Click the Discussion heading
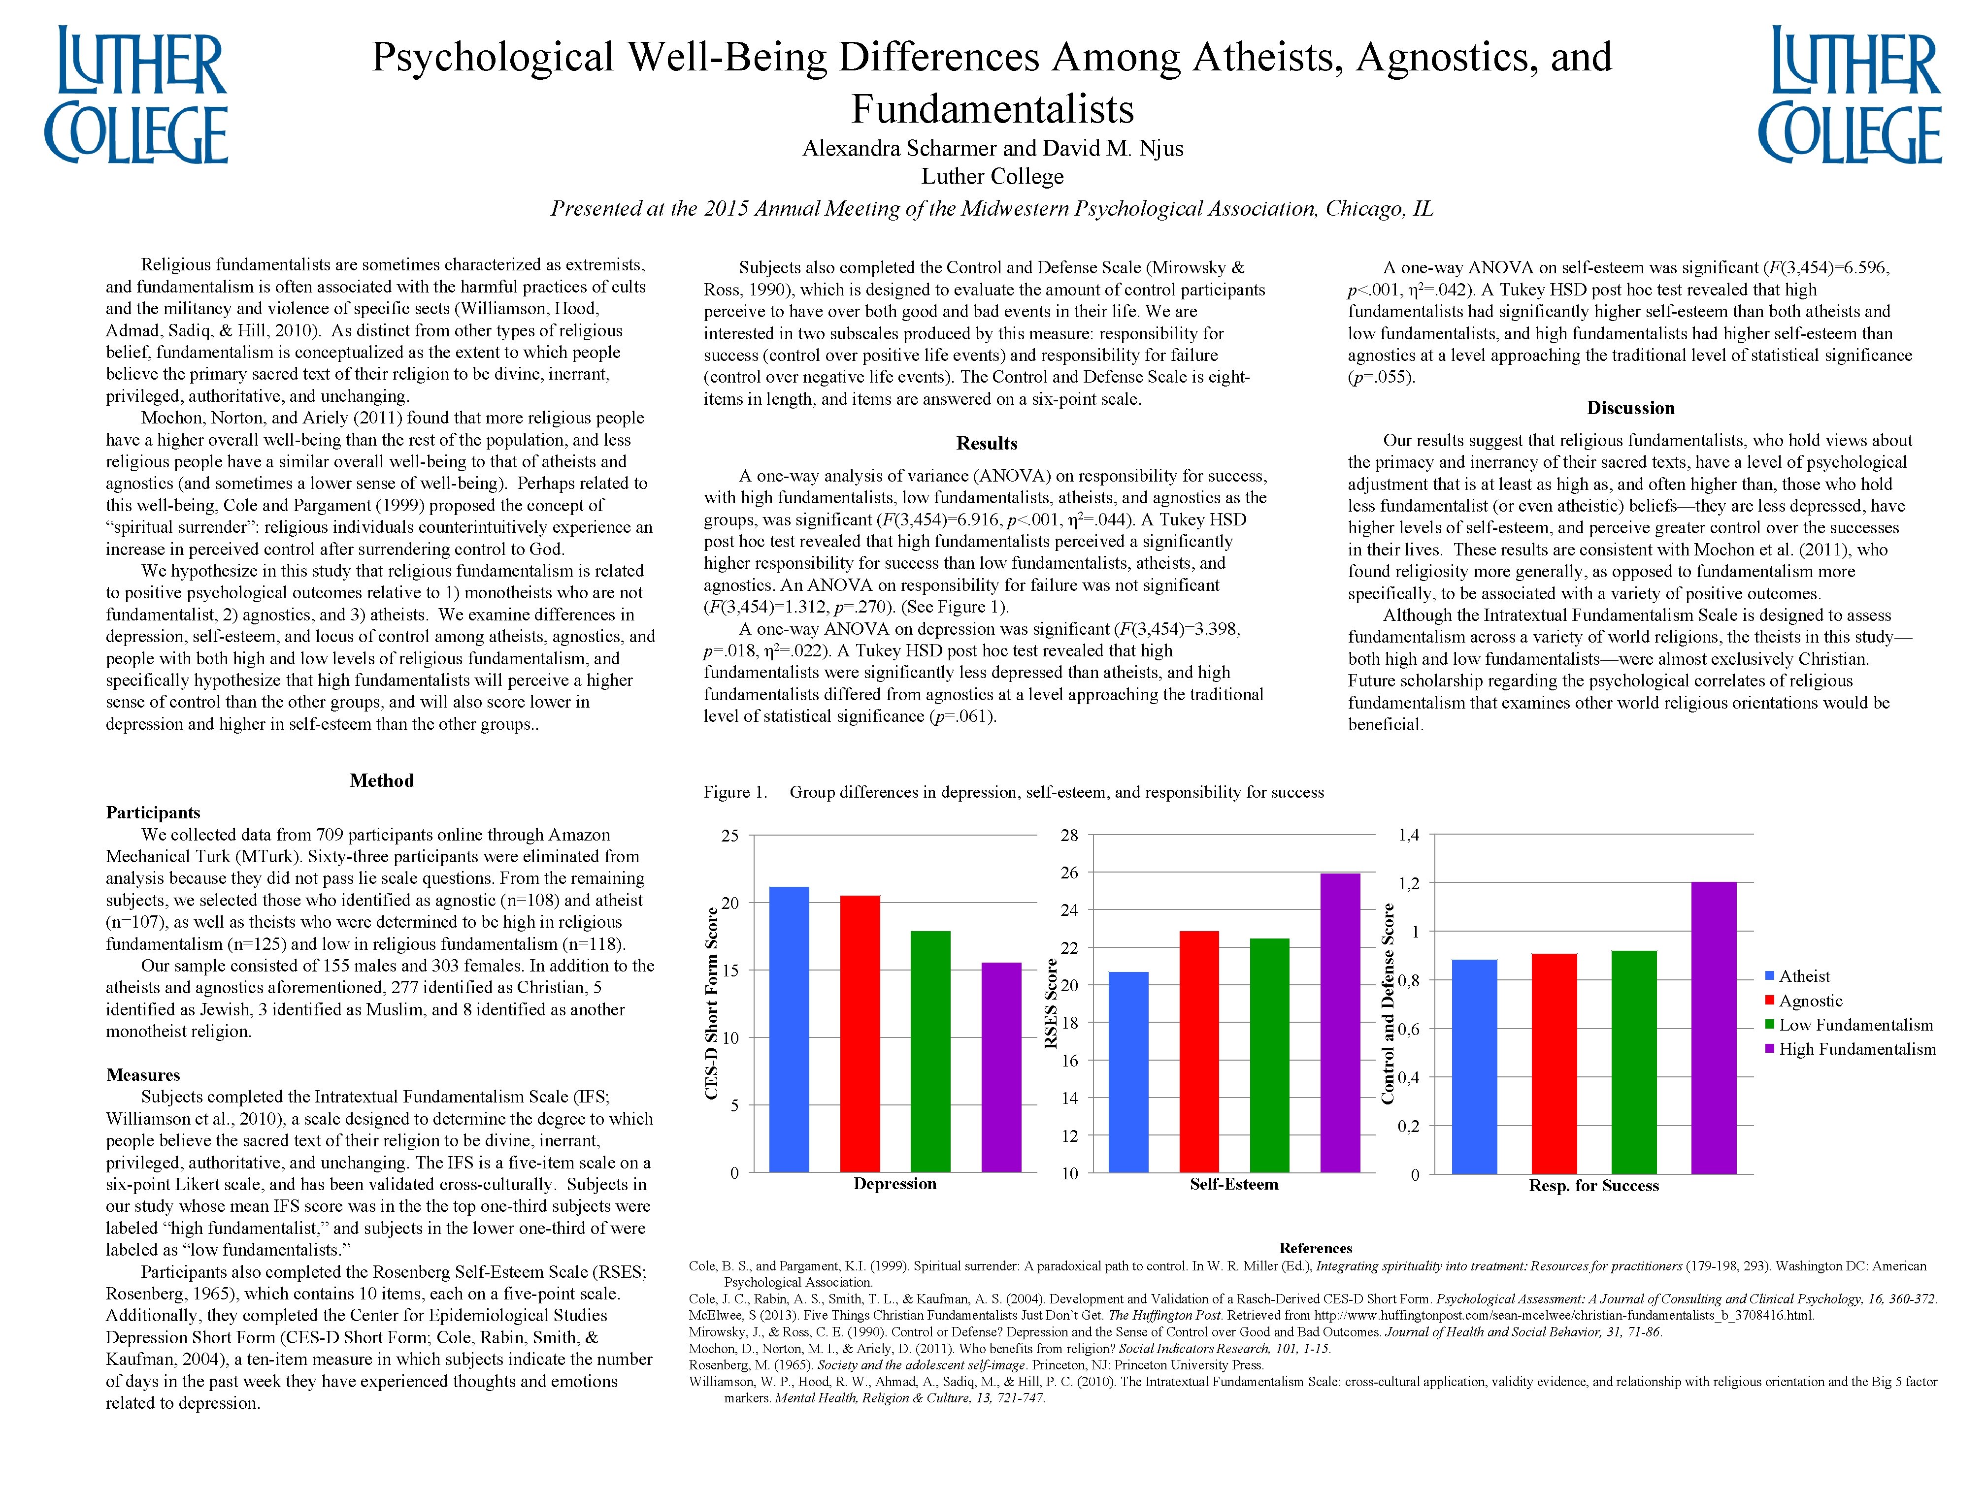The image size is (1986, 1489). click(x=1630, y=408)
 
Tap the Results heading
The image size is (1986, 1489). click(x=987, y=443)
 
